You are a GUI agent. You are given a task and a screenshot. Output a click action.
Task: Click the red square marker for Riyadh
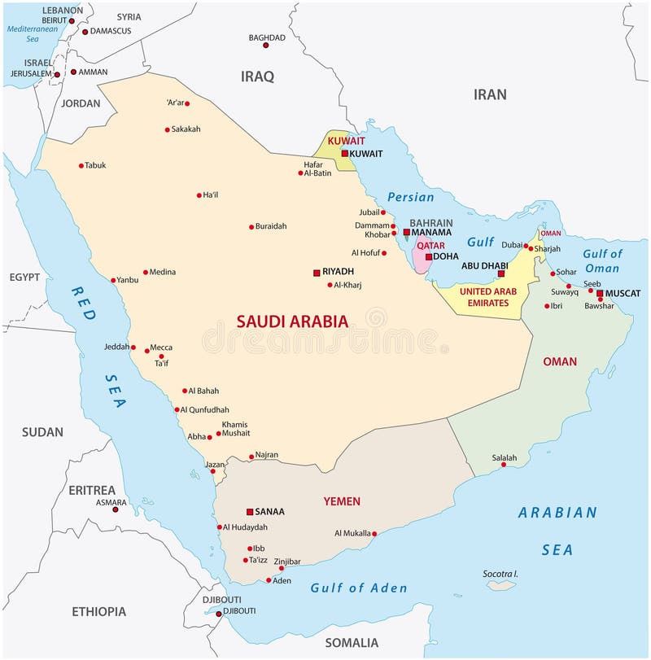point(317,273)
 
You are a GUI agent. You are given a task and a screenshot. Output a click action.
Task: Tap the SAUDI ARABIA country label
point(292,321)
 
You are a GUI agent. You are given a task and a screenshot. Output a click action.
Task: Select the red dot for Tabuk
point(81,165)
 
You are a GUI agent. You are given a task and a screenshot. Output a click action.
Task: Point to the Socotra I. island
point(501,584)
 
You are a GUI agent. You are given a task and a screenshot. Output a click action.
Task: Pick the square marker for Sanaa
point(250,512)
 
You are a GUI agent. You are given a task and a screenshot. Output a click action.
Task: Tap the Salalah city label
point(504,458)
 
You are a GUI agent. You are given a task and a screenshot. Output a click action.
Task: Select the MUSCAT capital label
point(623,293)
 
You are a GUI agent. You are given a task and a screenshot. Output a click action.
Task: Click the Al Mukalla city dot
point(374,534)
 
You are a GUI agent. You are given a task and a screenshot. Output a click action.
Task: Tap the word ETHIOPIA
point(98,611)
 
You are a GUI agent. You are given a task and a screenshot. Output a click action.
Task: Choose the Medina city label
point(163,272)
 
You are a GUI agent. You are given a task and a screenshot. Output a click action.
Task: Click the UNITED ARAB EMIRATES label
point(489,296)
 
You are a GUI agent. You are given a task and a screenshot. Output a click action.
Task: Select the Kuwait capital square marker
point(344,153)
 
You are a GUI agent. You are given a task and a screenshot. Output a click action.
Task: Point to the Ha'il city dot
point(199,195)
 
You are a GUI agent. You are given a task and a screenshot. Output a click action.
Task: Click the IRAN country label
point(490,94)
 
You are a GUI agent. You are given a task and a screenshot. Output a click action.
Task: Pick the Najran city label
point(267,455)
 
